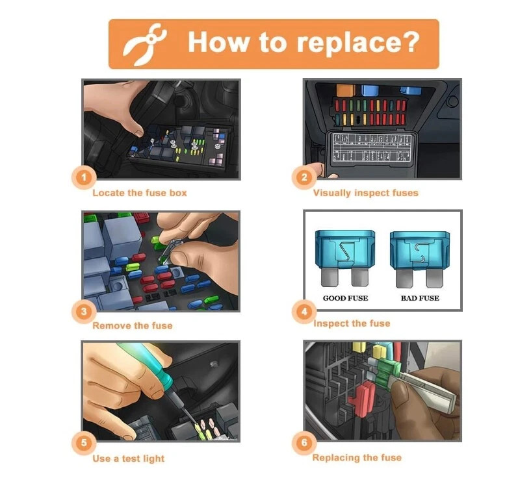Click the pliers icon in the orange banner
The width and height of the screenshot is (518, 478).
point(145,44)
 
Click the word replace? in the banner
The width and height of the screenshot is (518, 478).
point(358,43)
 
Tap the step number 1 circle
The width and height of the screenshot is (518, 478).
point(84,177)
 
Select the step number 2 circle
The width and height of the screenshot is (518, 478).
point(304,177)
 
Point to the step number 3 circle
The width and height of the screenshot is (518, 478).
point(84,311)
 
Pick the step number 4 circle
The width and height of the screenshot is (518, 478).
point(304,311)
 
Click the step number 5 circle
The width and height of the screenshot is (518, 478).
point(84,443)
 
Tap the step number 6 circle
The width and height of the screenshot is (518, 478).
point(304,443)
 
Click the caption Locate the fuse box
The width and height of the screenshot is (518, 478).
point(140,193)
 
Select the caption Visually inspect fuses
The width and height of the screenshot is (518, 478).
point(366,193)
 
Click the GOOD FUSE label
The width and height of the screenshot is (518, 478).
point(345,298)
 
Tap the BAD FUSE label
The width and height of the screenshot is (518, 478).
point(420,298)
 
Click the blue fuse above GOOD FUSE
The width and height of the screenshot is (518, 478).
point(345,257)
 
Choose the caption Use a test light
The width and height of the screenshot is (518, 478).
point(129,459)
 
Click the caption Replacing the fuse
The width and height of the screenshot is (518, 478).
point(357,457)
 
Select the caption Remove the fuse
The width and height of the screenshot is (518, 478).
point(133,326)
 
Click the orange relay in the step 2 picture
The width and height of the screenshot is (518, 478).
point(346,90)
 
